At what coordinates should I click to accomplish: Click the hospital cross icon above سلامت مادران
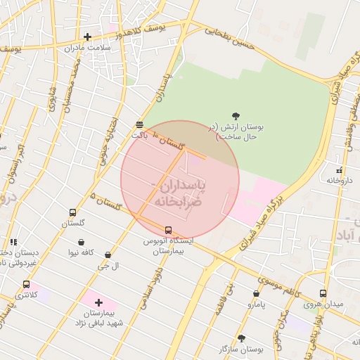point(87,37)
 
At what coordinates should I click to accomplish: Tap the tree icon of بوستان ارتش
point(236,117)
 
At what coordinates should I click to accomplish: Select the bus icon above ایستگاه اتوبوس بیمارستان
point(168,230)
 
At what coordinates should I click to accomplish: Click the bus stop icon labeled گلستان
point(72,212)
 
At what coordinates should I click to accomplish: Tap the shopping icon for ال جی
point(108,255)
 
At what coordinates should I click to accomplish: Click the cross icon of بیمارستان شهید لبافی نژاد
point(98,302)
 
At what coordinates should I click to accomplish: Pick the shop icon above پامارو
point(256,294)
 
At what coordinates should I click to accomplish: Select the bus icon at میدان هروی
point(323,294)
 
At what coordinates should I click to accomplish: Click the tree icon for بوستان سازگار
point(241,338)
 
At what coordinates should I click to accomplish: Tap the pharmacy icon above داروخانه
point(340,170)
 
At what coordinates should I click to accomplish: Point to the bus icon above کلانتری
point(27,285)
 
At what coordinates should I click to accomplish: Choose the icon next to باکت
point(139,124)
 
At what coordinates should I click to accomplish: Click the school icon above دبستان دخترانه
point(12,241)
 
